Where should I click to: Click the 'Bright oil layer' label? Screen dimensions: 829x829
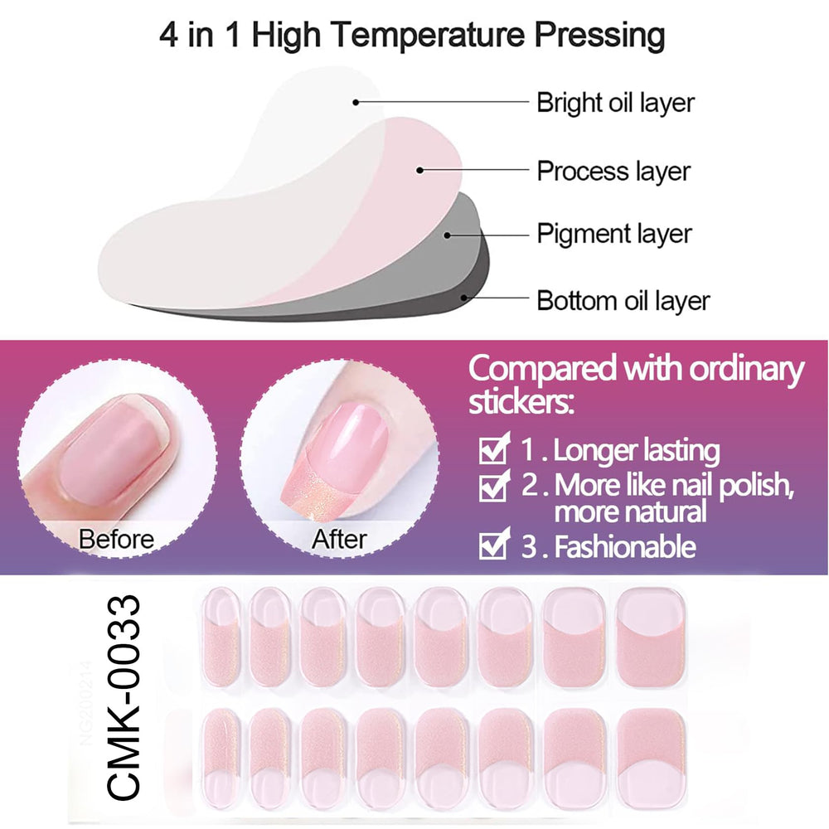tap(615, 103)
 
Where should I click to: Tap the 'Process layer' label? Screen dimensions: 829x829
tap(613, 172)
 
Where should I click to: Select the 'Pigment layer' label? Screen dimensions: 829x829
tap(613, 234)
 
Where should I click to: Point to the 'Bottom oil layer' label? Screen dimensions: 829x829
tap(623, 300)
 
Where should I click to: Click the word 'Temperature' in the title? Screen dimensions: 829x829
tap(429, 34)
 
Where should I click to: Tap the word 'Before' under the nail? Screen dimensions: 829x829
tap(116, 540)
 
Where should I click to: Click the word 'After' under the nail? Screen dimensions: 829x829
tap(339, 540)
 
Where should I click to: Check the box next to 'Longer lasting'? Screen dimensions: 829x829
tap(494, 448)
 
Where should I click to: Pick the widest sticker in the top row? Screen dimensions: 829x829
tap(651, 638)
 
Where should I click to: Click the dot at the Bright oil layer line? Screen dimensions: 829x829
tap(356, 102)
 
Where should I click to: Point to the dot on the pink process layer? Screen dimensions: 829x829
tap(419, 170)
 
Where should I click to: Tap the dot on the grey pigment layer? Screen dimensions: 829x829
tap(447, 235)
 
